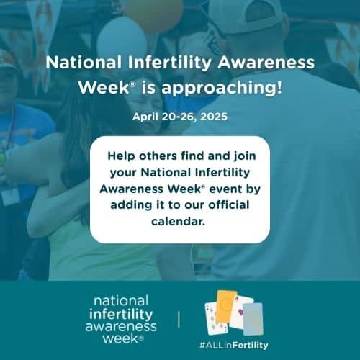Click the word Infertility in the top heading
coord(169,63)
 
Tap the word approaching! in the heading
coord(221,88)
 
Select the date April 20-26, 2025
coord(180,117)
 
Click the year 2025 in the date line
coord(214,117)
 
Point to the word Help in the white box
coord(121,156)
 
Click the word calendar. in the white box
coord(178,221)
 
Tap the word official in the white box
coord(229,205)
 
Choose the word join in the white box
coord(245,157)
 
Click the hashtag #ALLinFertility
coord(233,346)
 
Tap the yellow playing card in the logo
coord(225,307)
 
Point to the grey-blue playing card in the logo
coord(253,319)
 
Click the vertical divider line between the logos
coord(179,320)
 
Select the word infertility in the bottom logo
coord(121,314)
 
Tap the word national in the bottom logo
coord(121,301)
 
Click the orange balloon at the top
coord(154,14)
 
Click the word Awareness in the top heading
coord(266,63)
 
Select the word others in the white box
coord(158,156)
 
